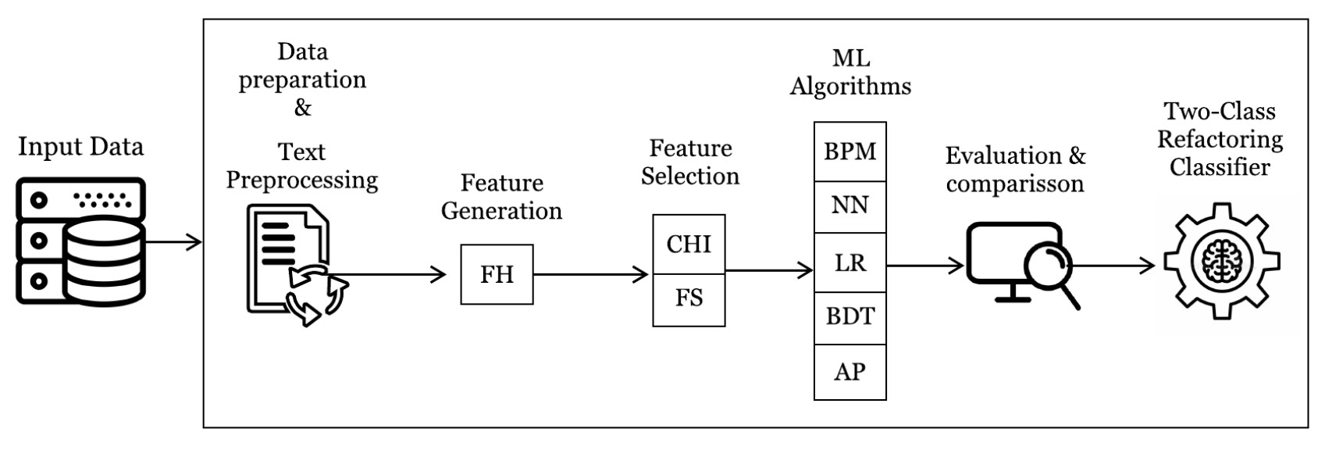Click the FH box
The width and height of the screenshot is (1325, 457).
coord(497,274)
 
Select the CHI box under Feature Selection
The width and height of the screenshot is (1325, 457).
coord(689,245)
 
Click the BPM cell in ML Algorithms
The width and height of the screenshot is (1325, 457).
coord(849,152)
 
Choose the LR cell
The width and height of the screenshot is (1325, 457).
coord(849,263)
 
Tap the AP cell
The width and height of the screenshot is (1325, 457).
coord(849,372)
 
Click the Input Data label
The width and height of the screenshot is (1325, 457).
coord(80,147)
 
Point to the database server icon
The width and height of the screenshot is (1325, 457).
coord(80,241)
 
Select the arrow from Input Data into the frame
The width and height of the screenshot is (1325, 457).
coord(173,241)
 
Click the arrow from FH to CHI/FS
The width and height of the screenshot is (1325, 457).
coord(591,274)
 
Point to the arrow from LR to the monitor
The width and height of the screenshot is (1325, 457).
coord(925,266)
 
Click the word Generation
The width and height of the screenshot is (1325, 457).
coord(501,211)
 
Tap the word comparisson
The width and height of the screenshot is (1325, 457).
coord(1014,184)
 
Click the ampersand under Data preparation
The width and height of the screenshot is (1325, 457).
coord(302,108)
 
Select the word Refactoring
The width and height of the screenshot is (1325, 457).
coord(1220,140)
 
